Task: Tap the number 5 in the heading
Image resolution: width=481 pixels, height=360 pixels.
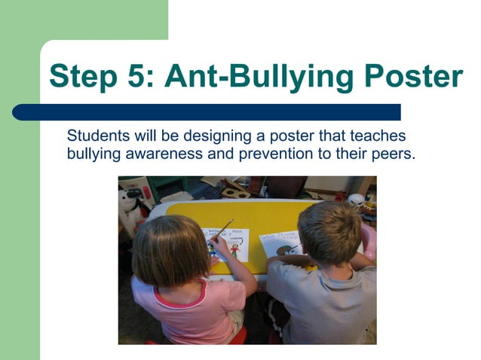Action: pyautogui.click(x=143, y=77)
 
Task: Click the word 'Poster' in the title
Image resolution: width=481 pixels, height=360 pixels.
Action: pyautogui.click(x=414, y=77)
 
